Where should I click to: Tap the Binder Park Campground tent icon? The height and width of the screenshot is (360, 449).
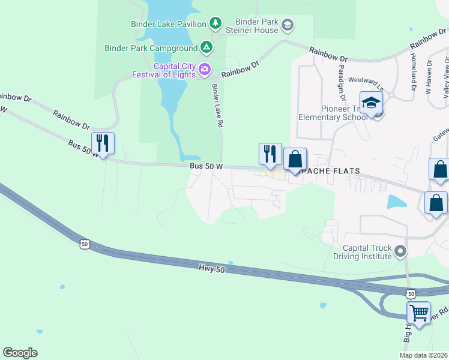[x=206, y=47]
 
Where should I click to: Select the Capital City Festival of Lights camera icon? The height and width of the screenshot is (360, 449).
[x=205, y=70]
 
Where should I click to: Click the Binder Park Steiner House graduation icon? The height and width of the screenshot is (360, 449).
[x=288, y=25]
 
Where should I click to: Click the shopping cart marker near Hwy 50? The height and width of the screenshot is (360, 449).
[x=418, y=312]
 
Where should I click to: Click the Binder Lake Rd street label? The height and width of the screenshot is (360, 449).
[x=217, y=105]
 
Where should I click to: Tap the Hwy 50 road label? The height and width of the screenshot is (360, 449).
[x=212, y=271]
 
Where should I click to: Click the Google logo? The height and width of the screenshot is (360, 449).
[x=20, y=353]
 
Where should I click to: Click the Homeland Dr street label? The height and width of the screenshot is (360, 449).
[x=414, y=71]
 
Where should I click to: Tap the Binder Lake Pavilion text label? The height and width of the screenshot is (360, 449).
[x=169, y=24]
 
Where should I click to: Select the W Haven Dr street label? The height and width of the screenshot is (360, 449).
[x=429, y=77]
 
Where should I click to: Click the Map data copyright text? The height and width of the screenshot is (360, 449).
[x=424, y=355]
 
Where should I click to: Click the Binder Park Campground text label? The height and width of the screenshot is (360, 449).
[x=151, y=47]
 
